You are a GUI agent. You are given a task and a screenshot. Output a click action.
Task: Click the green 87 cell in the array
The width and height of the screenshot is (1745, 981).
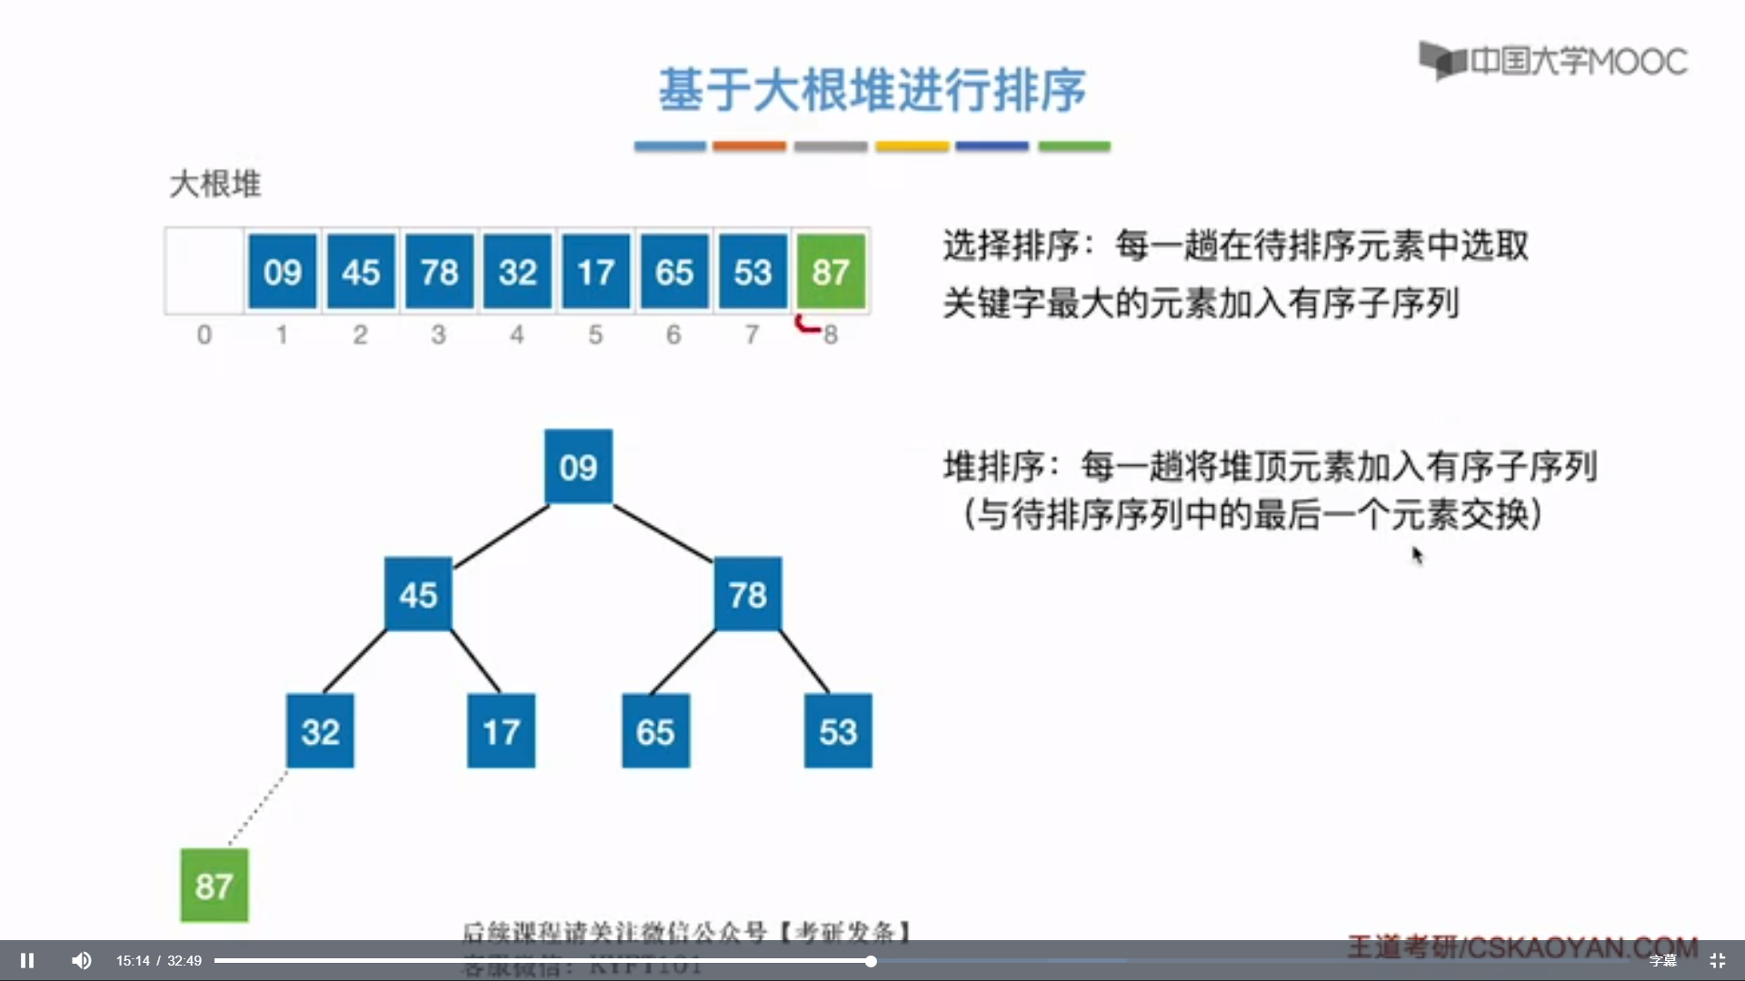pos(831,272)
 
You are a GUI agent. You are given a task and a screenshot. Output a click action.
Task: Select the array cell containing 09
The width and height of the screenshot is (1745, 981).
pos(282,272)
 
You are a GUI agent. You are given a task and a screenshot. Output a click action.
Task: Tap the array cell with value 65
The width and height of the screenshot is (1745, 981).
pos(673,272)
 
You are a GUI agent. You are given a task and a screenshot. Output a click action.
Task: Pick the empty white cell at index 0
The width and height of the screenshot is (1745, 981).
pos(204,272)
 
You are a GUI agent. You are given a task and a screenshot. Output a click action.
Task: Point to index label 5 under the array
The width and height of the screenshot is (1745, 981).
pos(595,335)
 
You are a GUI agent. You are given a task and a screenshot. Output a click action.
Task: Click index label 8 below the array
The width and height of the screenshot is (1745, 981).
pos(831,335)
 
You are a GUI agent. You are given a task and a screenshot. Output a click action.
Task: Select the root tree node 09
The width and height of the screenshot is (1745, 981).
pos(578,467)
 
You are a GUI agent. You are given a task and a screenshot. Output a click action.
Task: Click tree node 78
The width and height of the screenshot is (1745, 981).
pos(747,595)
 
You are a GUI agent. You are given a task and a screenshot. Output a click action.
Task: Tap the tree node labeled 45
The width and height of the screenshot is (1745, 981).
pos(418,595)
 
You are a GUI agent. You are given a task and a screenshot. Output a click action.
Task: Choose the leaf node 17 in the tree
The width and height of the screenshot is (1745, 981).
pos(501,731)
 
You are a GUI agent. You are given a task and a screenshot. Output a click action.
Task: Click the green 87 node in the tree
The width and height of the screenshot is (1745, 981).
pos(214,886)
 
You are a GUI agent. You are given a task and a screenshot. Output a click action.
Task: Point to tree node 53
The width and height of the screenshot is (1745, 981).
pos(837,731)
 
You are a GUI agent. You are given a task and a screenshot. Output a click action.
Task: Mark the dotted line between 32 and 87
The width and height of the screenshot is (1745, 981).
pos(258,808)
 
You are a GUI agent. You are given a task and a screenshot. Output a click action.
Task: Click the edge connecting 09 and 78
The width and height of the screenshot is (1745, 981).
pos(663,532)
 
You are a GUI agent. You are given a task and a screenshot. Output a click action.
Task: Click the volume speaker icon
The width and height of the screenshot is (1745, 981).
pos(81,960)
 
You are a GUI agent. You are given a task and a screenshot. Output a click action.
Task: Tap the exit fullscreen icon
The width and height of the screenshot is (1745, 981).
pos(1717,960)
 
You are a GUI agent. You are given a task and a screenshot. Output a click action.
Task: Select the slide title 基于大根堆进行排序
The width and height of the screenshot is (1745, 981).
pos(872,90)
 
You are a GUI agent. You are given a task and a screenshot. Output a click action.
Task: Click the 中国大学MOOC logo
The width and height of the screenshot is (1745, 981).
pos(1553,61)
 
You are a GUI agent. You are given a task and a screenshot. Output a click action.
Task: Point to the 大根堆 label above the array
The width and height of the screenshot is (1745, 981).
pos(215,184)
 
